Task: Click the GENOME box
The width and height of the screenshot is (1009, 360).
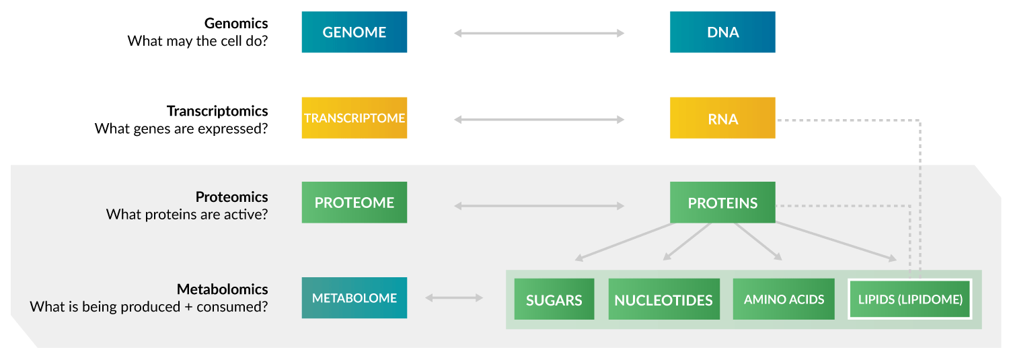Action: [354, 32]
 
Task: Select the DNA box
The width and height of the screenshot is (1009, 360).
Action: [722, 32]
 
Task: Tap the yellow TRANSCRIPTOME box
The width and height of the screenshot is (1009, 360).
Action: [354, 118]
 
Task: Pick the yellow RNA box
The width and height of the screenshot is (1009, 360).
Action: [722, 118]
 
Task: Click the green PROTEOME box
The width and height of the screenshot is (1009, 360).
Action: [354, 203]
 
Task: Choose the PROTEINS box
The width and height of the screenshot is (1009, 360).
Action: [722, 203]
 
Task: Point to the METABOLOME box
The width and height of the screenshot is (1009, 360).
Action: [354, 298]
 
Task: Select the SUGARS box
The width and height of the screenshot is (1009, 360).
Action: [554, 299]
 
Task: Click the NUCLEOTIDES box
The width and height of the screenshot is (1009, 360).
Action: [664, 299]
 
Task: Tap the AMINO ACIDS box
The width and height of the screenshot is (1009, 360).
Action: [784, 299]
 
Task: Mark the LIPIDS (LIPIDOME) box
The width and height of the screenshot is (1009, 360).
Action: [909, 299]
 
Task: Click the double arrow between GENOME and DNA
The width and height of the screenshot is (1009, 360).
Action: [539, 33]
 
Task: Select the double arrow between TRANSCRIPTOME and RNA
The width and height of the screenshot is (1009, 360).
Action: [539, 120]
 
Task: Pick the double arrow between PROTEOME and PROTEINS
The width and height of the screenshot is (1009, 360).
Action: [539, 206]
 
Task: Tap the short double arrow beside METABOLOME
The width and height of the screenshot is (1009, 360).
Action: [454, 297]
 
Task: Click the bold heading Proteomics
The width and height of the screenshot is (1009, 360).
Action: [232, 197]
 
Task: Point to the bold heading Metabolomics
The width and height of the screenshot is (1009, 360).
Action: [223, 289]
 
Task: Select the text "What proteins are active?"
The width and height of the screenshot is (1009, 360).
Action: [187, 215]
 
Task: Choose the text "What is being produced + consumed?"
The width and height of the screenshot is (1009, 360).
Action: [149, 307]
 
